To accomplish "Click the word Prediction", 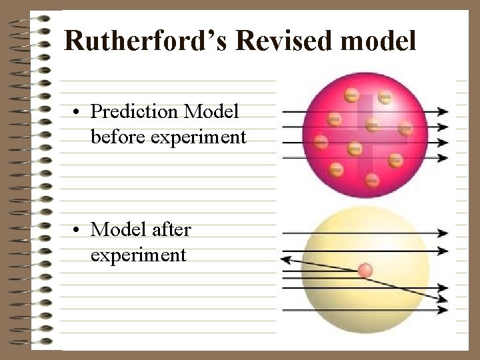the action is pos(134,112).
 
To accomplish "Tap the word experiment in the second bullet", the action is pos(138,255).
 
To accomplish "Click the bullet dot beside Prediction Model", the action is pos(78,112).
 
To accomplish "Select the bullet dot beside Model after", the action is pos(78,230).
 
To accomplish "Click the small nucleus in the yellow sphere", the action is pos(365,270).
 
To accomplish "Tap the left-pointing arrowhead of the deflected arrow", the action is pos(286,259).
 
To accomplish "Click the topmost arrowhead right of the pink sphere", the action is pos(443,111).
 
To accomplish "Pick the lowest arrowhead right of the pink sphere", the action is pos(443,158).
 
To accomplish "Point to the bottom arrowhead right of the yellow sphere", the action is pos(443,310).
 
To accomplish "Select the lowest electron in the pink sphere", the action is pos(372,179).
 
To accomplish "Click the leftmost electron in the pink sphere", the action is pos(321,141).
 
